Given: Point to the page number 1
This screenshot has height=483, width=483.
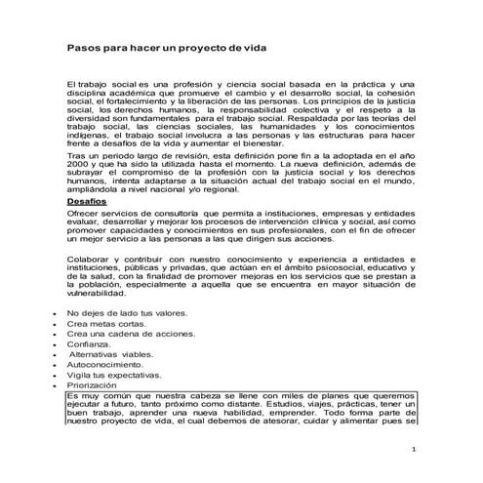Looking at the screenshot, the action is [x=414, y=451].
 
